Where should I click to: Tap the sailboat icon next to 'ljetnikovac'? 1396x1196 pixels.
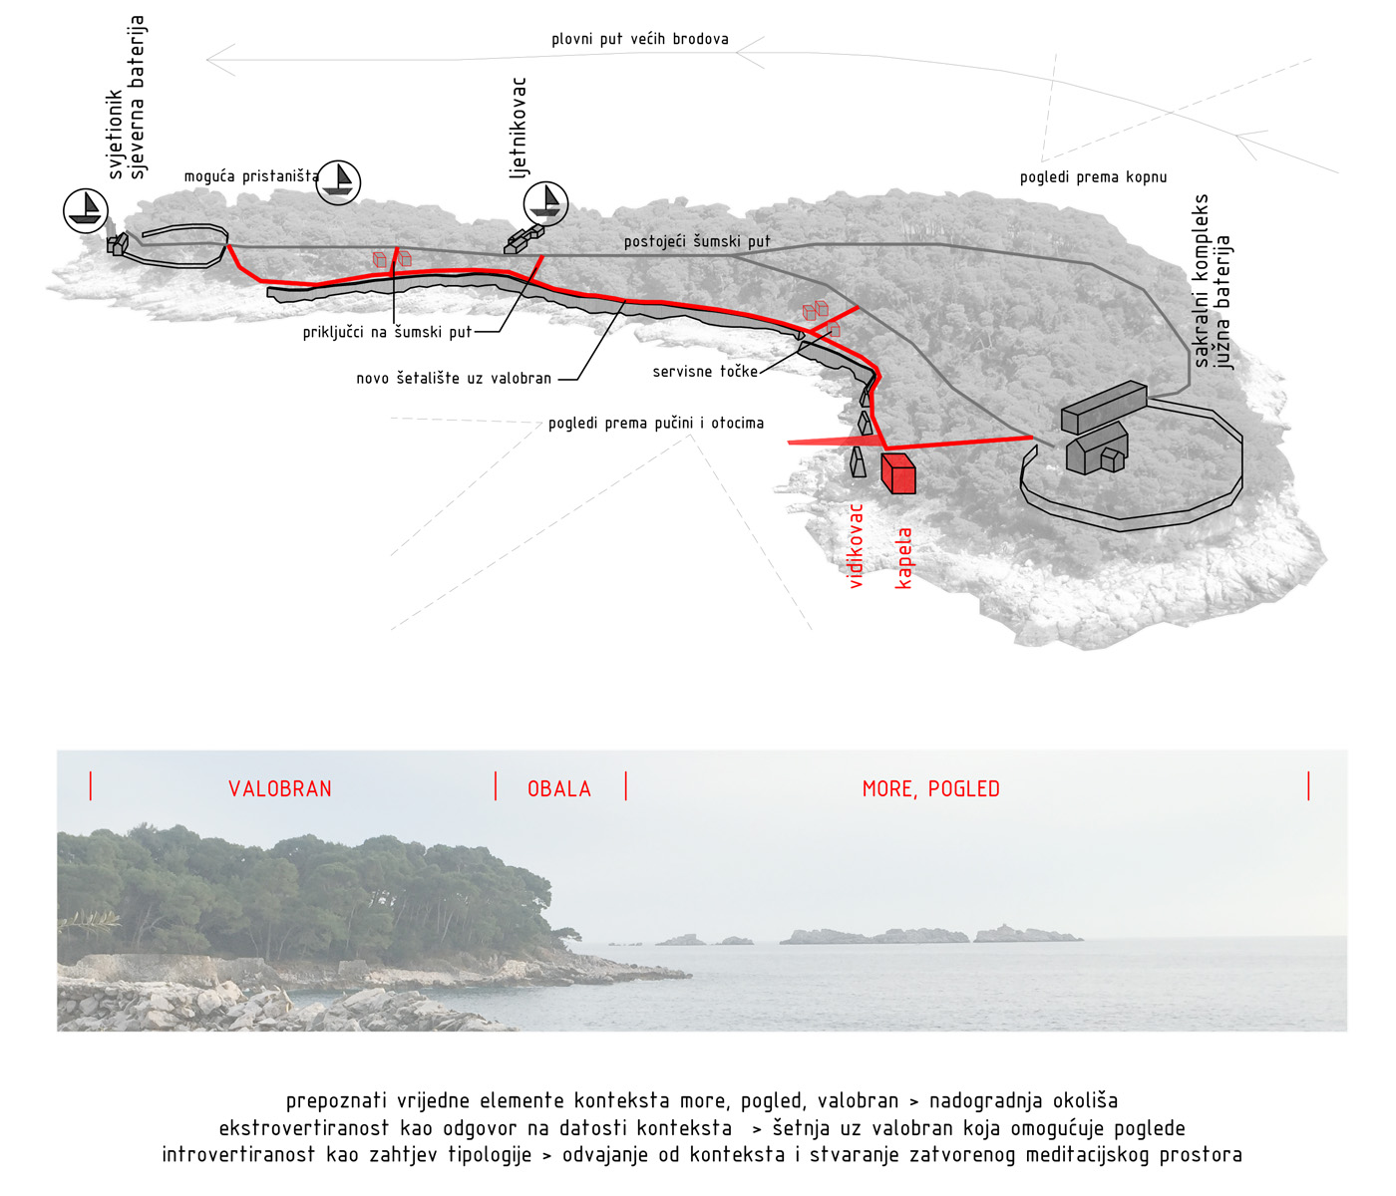pyautogui.click(x=545, y=203)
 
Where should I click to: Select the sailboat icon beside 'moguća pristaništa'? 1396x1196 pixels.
pyautogui.click(x=338, y=182)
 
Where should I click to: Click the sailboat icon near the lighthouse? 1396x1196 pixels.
pyautogui.click(x=86, y=210)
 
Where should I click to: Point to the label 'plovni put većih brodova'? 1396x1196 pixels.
pyautogui.click(x=639, y=39)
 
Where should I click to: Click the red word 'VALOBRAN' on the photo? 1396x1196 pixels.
pyautogui.click(x=279, y=788)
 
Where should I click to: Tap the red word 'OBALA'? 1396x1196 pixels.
pyautogui.click(x=558, y=788)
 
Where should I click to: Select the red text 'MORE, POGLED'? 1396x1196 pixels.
pyautogui.click(x=930, y=788)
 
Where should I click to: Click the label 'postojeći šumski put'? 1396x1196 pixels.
pyautogui.click(x=696, y=241)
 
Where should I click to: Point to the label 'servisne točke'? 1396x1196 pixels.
pyautogui.click(x=704, y=371)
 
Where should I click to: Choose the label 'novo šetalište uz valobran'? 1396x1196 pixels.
pyautogui.click(x=453, y=378)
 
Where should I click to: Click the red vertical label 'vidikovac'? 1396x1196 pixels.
pyautogui.click(x=855, y=546)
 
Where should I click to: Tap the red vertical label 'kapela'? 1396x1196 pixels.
pyautogui.click(x=902, y=557)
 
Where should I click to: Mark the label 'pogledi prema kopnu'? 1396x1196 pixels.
pyautogui.click(x=1093, y=177)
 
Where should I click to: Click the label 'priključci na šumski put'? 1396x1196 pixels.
pyautogui.click(x=386, y=332)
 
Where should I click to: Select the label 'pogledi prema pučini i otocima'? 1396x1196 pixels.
pyautogui.click(x=655, y=424)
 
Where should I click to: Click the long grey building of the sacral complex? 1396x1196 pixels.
pyautogui.click(x=1104, y=407)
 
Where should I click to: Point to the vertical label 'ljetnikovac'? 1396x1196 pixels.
pyautogui.click(x=518, y=127)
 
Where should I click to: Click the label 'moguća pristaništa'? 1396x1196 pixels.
pyautogui.click(x=251, y=176)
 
